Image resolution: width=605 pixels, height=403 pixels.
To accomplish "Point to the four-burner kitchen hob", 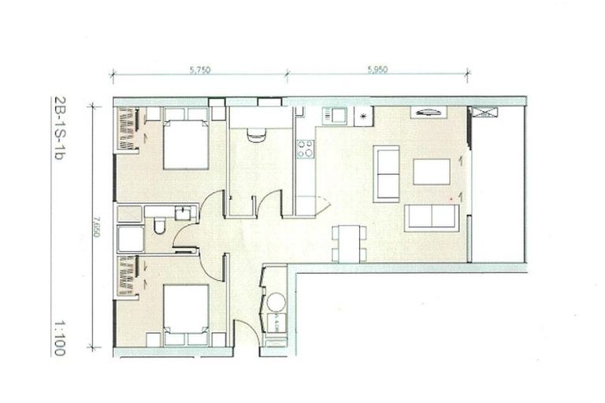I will click(x=305, y=149).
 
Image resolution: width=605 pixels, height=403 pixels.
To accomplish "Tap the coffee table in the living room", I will click(x=432, y=171).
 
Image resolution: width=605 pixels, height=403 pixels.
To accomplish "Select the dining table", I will click(x=347, y=242).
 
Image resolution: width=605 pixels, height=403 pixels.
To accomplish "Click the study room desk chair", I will click(x=257, y=135).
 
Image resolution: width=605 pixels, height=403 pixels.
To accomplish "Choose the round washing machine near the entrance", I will click(x=276, y=303).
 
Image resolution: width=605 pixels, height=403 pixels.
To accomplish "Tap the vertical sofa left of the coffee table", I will click(x=386, y=172).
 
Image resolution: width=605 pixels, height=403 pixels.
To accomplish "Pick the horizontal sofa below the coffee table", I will click(x=432, y=216).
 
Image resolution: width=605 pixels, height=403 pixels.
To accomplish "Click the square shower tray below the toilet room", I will click(x=128, y=238).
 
